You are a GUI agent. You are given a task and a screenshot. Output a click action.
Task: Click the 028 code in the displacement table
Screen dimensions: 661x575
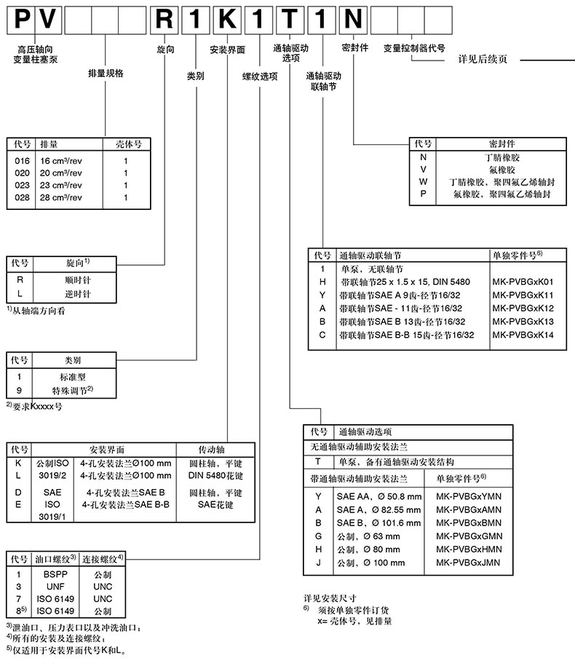pos(24,197)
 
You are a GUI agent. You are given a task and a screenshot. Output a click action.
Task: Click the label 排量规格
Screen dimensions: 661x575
pos(106,73)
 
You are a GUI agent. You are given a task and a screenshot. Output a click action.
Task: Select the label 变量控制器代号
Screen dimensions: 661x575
pos(414,47)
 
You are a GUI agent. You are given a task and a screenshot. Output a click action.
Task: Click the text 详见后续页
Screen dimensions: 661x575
pos(481,58)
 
